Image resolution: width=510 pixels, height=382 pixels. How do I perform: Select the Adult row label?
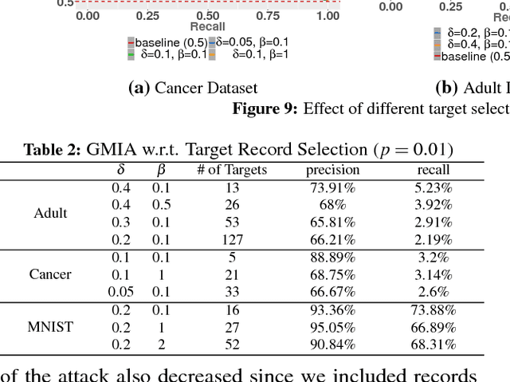coord(50,213)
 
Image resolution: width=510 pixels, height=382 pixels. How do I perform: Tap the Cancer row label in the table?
coord(50,274)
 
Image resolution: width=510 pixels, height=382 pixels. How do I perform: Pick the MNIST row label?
coord(50,326)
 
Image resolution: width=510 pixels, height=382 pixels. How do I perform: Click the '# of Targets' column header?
coord(232,169)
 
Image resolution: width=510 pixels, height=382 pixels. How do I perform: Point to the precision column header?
coord(333,169)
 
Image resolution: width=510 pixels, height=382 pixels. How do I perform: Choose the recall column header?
coord(433,169)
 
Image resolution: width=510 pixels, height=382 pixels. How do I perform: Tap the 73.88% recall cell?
coord(433,309)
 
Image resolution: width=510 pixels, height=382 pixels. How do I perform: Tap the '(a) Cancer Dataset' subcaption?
coord(193,88)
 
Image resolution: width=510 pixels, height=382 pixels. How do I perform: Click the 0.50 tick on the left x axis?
coord(208,15)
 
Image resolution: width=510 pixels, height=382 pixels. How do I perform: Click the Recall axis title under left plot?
coord(207,26)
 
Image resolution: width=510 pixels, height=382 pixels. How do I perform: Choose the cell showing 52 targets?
coord(232,345)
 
